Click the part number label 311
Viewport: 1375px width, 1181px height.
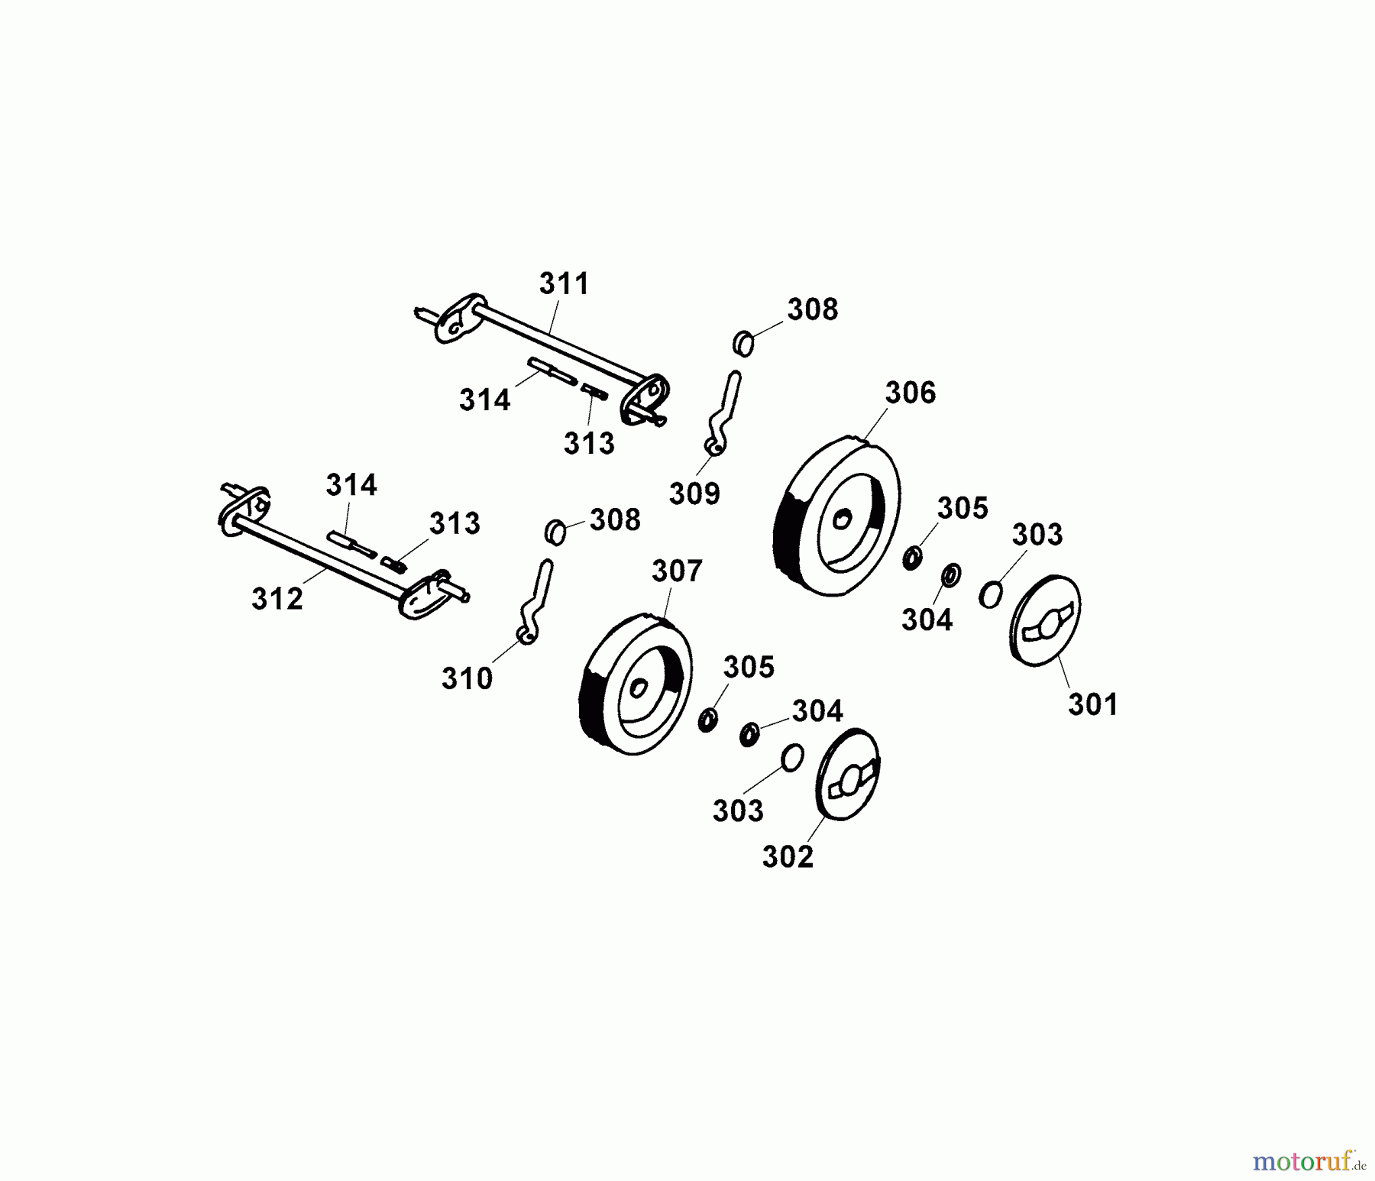click(x=564, y=284)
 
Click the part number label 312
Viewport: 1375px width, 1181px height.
click(x=277, y=599)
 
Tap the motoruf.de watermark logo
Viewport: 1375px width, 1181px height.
click(x=1309, y=1162)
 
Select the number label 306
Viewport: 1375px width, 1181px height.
click(x=910, y=393)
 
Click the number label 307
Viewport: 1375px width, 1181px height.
click(x=677, y=571)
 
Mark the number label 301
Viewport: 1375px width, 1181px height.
click(x=1092, y=704)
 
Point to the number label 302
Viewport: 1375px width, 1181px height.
click(x=788, y=857)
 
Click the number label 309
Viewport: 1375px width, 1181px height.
click(x=694, y=493)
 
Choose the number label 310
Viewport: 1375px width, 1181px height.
click(x=467, y=678)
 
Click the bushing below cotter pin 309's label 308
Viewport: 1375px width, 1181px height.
click(x=743, y=344)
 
